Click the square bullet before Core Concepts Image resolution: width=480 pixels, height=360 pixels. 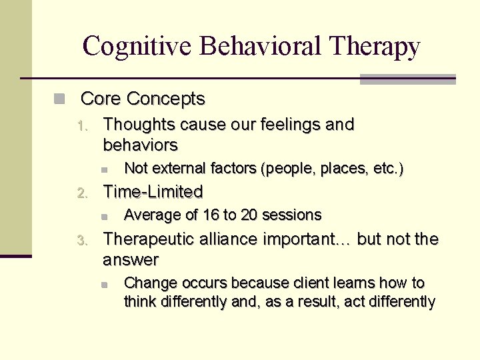pyautogui.click(x=59, y=99)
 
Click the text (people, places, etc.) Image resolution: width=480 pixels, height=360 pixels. pyautogui.click(x=333, y=169)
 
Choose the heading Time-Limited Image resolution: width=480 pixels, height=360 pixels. pyautogui.click(x=153, y=192)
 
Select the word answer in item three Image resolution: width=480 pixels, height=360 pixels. pyautogui.click(x=131, y=259)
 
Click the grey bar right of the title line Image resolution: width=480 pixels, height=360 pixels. pyautogui.click(x=407, y=79)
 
